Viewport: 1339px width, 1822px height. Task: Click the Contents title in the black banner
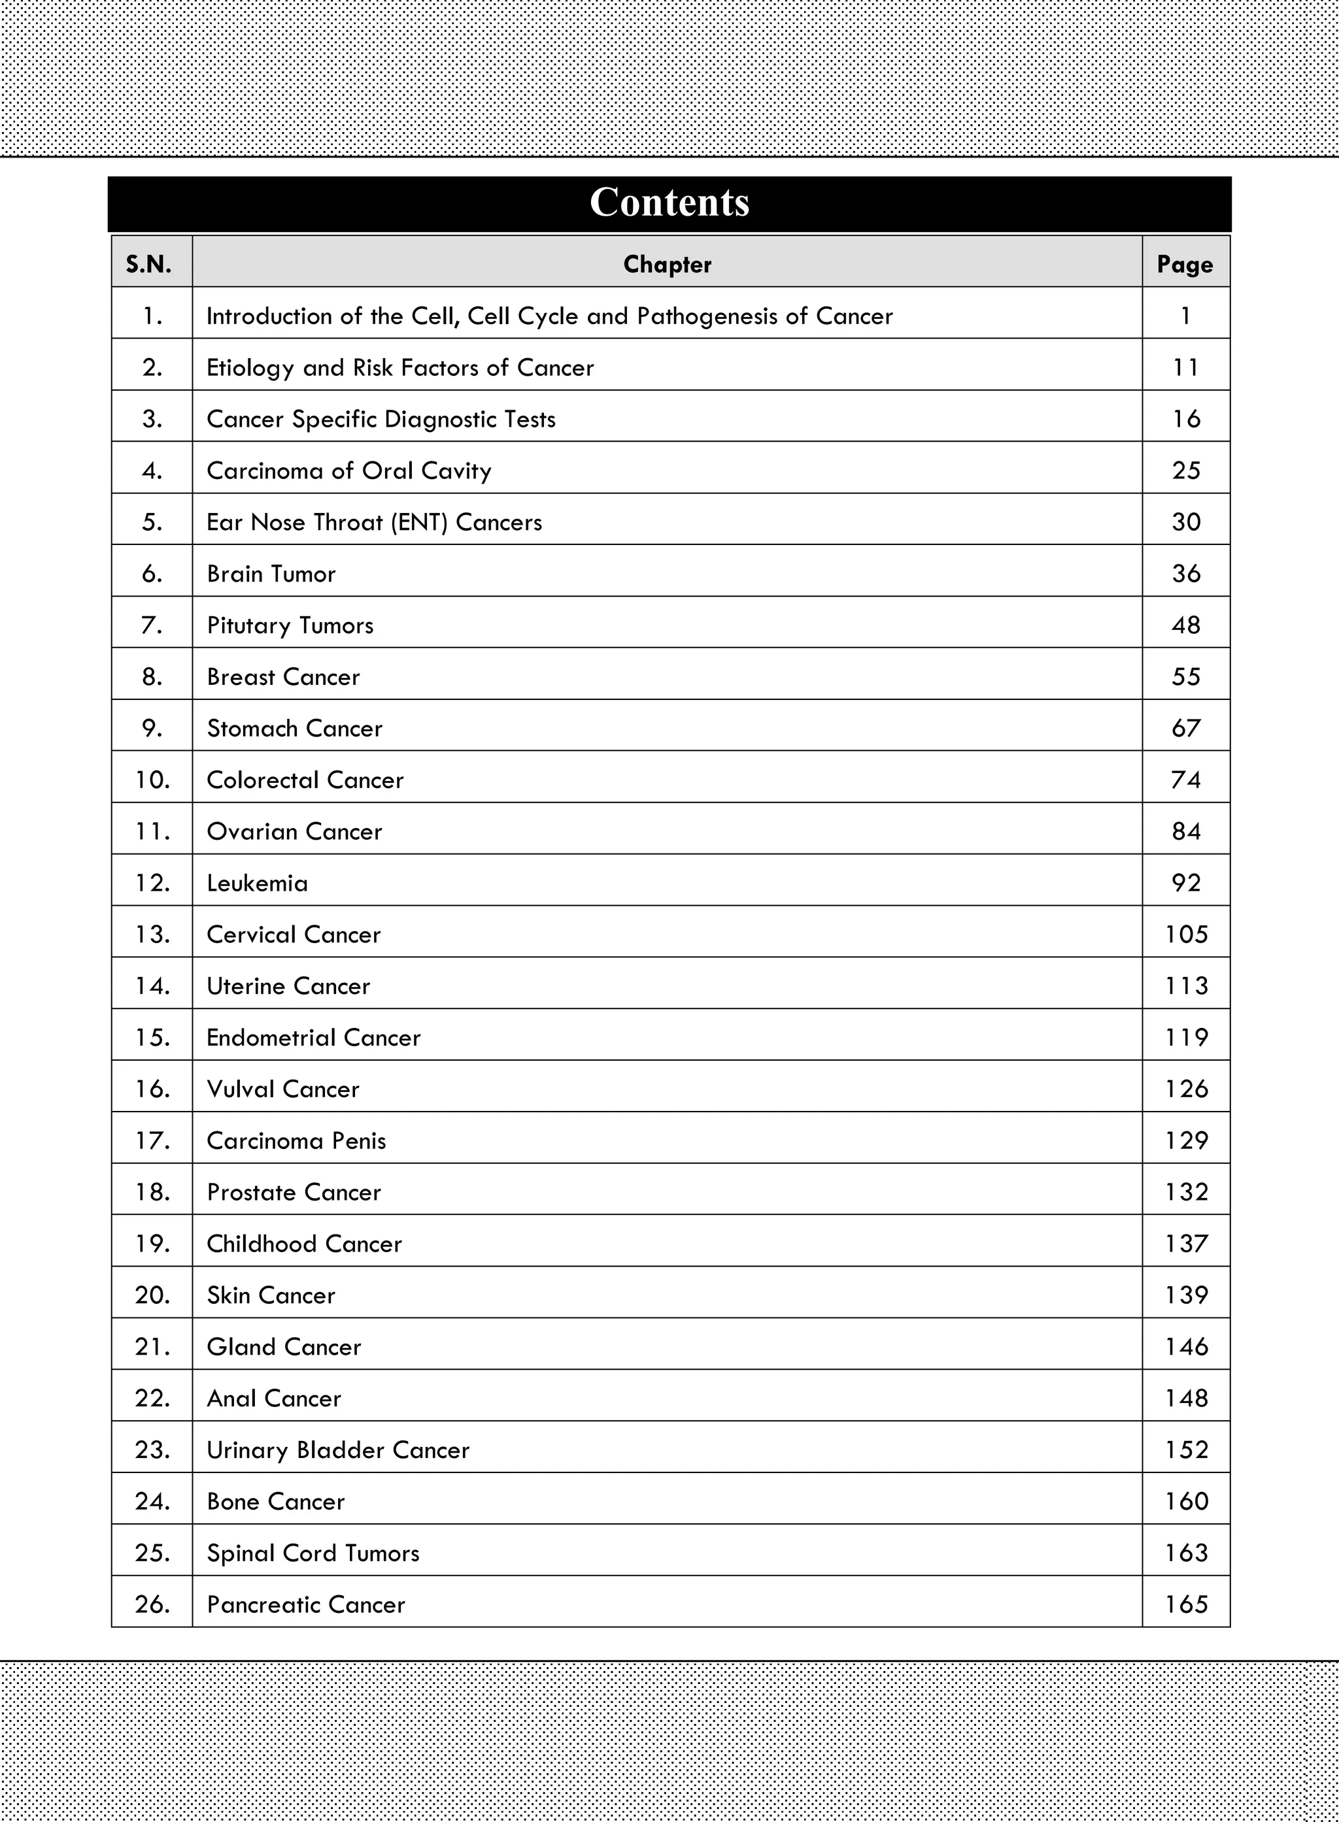pyautogui.click(x=669, y=203)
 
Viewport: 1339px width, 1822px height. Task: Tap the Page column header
pyautogui.click(x=1185, y=264)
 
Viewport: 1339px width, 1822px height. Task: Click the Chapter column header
pyautogui.click(x=667, y=264)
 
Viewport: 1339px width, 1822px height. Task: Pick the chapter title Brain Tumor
pyautogui.click(x=271, y=574)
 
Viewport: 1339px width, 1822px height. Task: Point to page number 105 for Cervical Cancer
pyautogui.click(x=1186, y=934)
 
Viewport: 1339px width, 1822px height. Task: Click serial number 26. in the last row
pyautogui.click(x=152, y=1604)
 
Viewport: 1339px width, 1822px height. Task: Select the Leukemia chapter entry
pyautogui.click(x=257, y=883)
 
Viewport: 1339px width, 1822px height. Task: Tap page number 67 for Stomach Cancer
pyautogui.click(x=1186, y=728)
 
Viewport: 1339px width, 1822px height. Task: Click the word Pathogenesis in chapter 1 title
pyautogui.click(x=707, y=316)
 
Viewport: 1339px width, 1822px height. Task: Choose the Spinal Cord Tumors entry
pyautogui.click(x=313, y=1553)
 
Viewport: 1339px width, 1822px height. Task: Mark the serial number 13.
pyautogui.click(x=152, y=934)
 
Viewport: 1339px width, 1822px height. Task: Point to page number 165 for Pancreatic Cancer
pyautogui.click(x=1186, y=1604)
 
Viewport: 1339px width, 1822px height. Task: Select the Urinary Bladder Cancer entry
pyautogui.click(x=338, y=1450)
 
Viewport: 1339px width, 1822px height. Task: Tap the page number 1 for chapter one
pyautogui.click(x=1186, y=316)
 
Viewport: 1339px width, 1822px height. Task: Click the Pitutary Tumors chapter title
pyautogui.click(x=290, y=625)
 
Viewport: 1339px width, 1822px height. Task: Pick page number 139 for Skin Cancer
pyautogui.click(x=1186, y=1295)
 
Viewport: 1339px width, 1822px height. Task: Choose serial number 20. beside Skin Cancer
pyautogui.click(x=152, y=1295)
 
